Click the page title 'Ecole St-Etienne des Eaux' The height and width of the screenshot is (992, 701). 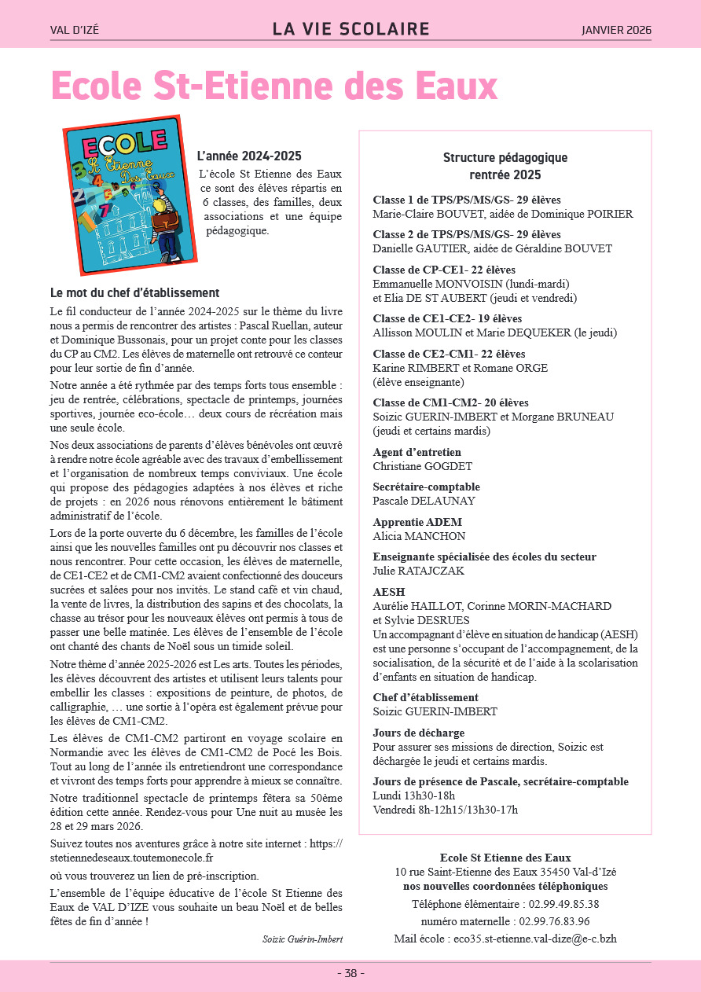tap(274, 86)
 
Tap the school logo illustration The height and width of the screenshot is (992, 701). tap(130, 194)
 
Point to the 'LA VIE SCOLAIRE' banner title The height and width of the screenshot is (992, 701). tap(350, 30)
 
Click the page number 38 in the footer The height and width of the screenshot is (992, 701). tap(350, 973)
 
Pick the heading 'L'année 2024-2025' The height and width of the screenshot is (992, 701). tap(249, 156)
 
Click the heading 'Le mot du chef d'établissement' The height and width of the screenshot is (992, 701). tap(134, 293)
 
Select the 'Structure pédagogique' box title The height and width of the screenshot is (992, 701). tap(505, 158)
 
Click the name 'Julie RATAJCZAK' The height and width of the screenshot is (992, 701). tap(418, 571)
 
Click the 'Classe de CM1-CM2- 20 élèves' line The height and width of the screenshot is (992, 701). tap(450, 402)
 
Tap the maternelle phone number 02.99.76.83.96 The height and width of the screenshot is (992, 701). tap(549, 921)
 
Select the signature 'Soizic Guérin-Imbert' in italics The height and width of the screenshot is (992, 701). tap(303, 939)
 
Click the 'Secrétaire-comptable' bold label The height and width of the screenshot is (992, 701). tap(426, 487)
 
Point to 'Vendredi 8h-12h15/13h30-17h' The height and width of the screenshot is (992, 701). tap(446, 810)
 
